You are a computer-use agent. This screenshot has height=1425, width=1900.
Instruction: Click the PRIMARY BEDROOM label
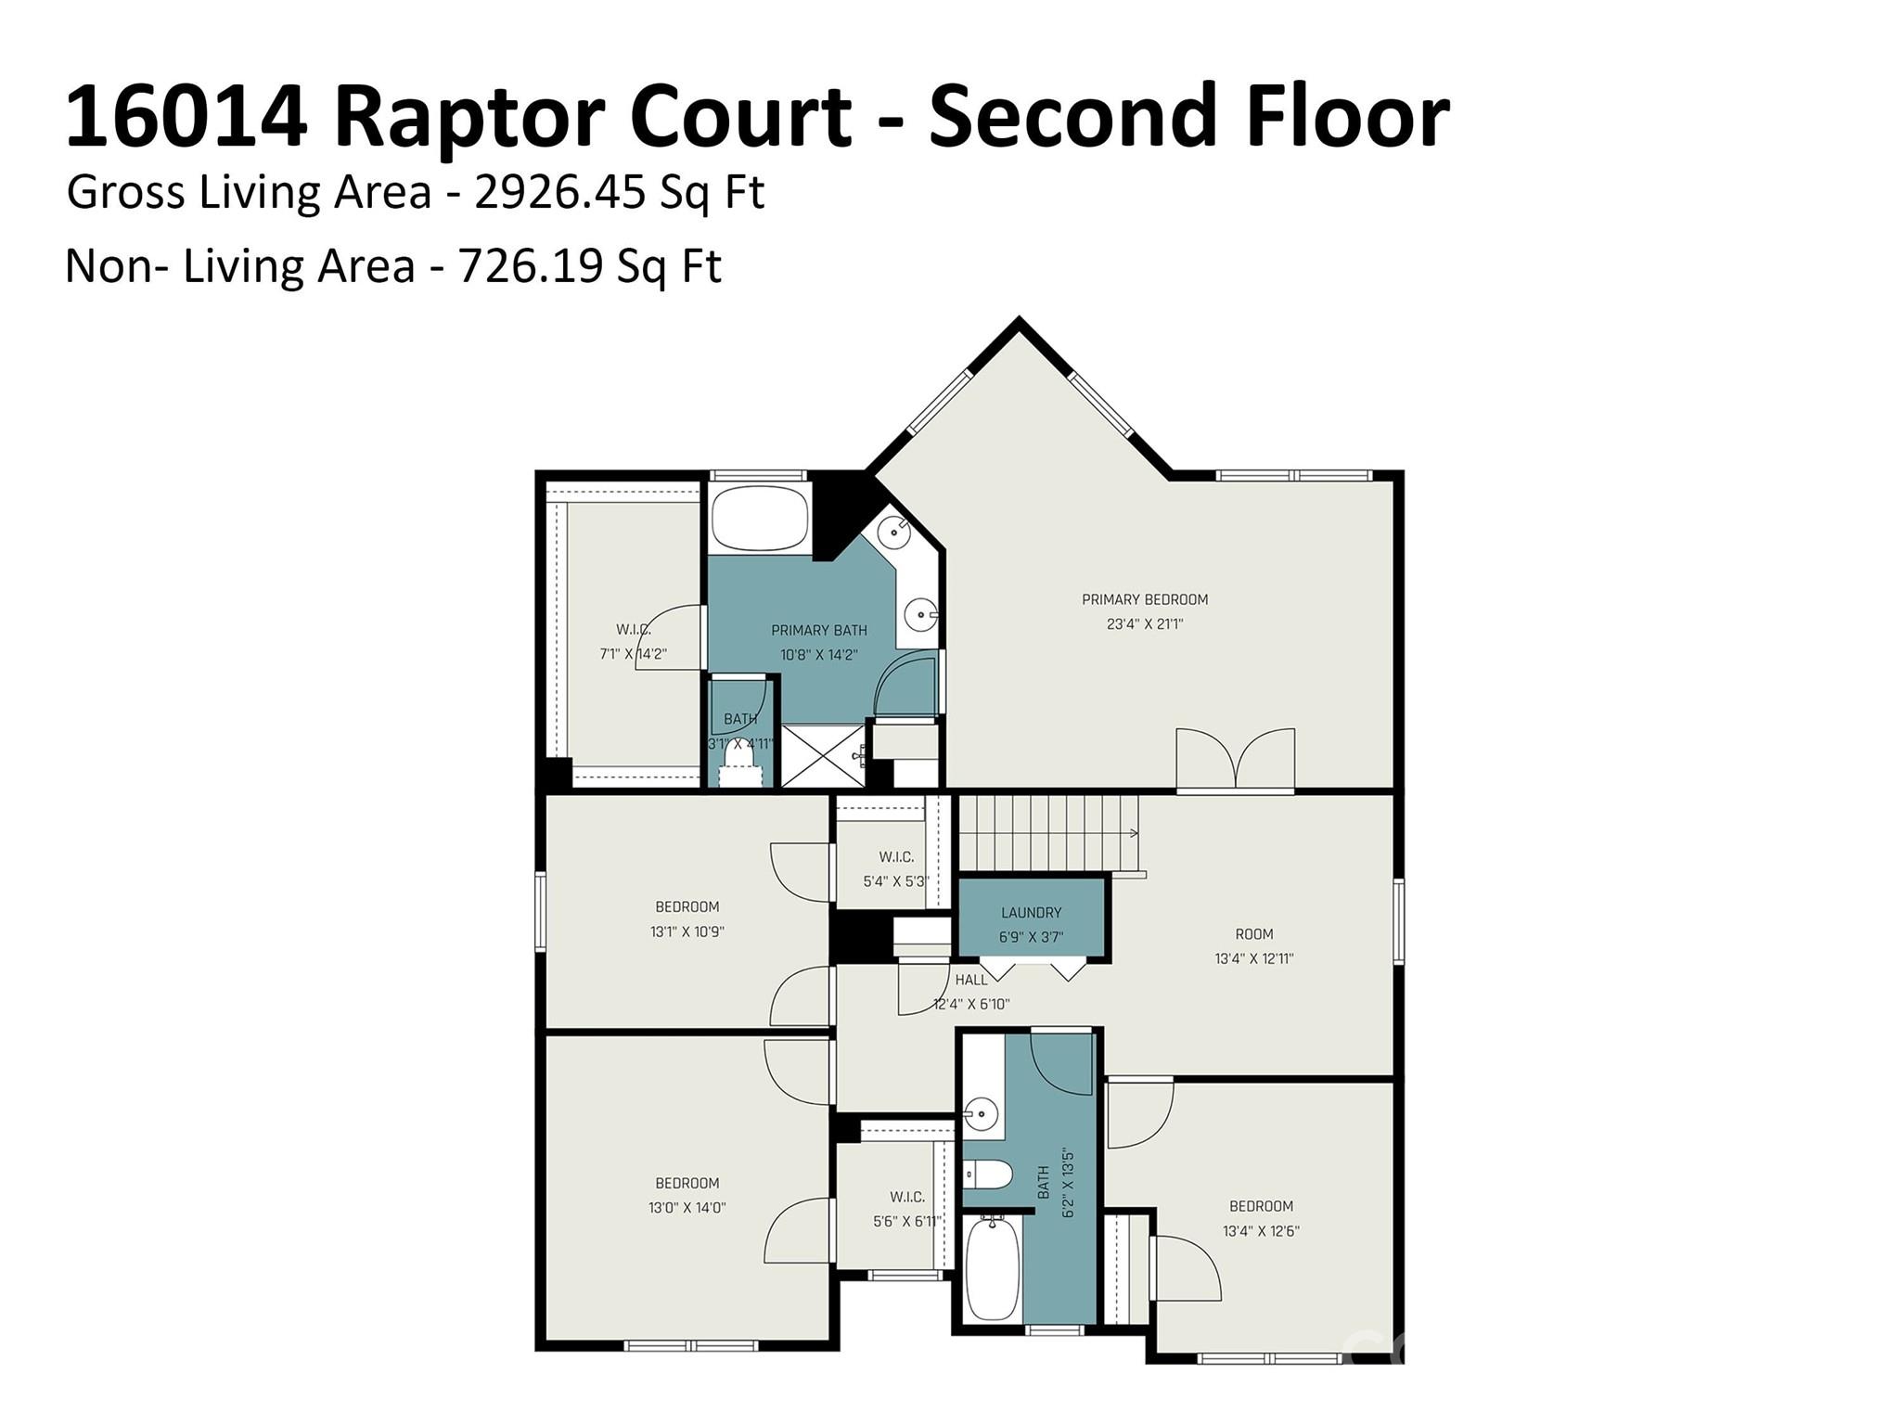pyautogui.click(x=1145, y=599)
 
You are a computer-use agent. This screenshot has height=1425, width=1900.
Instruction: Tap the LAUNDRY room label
pyautogui.click(x=1031, y=913)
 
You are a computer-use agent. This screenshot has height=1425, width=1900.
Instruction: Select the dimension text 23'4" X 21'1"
pyautogui.click(x=1145, y=624)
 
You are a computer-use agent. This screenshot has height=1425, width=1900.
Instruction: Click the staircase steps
pyautogui.click(x=1048, y=832)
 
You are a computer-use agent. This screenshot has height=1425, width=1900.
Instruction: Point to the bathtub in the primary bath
pyautogui.click(x=760, y=519)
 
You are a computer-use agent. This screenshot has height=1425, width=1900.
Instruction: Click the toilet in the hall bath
pyautogui.click(x=986, y=1175)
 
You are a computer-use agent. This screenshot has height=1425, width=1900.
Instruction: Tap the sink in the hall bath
pyautogui.click(x=981, y=1110)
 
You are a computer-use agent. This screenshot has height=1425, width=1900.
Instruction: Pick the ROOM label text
pyautogui.click(x=1253, y=934)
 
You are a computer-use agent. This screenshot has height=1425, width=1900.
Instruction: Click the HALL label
pyautogui.click(x=971, y=980)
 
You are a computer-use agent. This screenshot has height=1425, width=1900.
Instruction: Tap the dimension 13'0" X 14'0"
pyautogui.click(x=687, y=1208)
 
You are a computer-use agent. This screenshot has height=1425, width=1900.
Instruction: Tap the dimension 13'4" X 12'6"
pyautogui.click(x=1261, y=1231)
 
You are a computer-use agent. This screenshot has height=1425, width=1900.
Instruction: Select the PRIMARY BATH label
pyautogui.click(x=819, y=631)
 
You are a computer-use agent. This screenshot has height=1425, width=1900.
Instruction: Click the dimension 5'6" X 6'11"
pyautogui.click(x=907, y=1222)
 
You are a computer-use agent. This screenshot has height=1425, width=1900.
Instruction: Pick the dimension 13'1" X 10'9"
pyautogui.click(x=687, y=931)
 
